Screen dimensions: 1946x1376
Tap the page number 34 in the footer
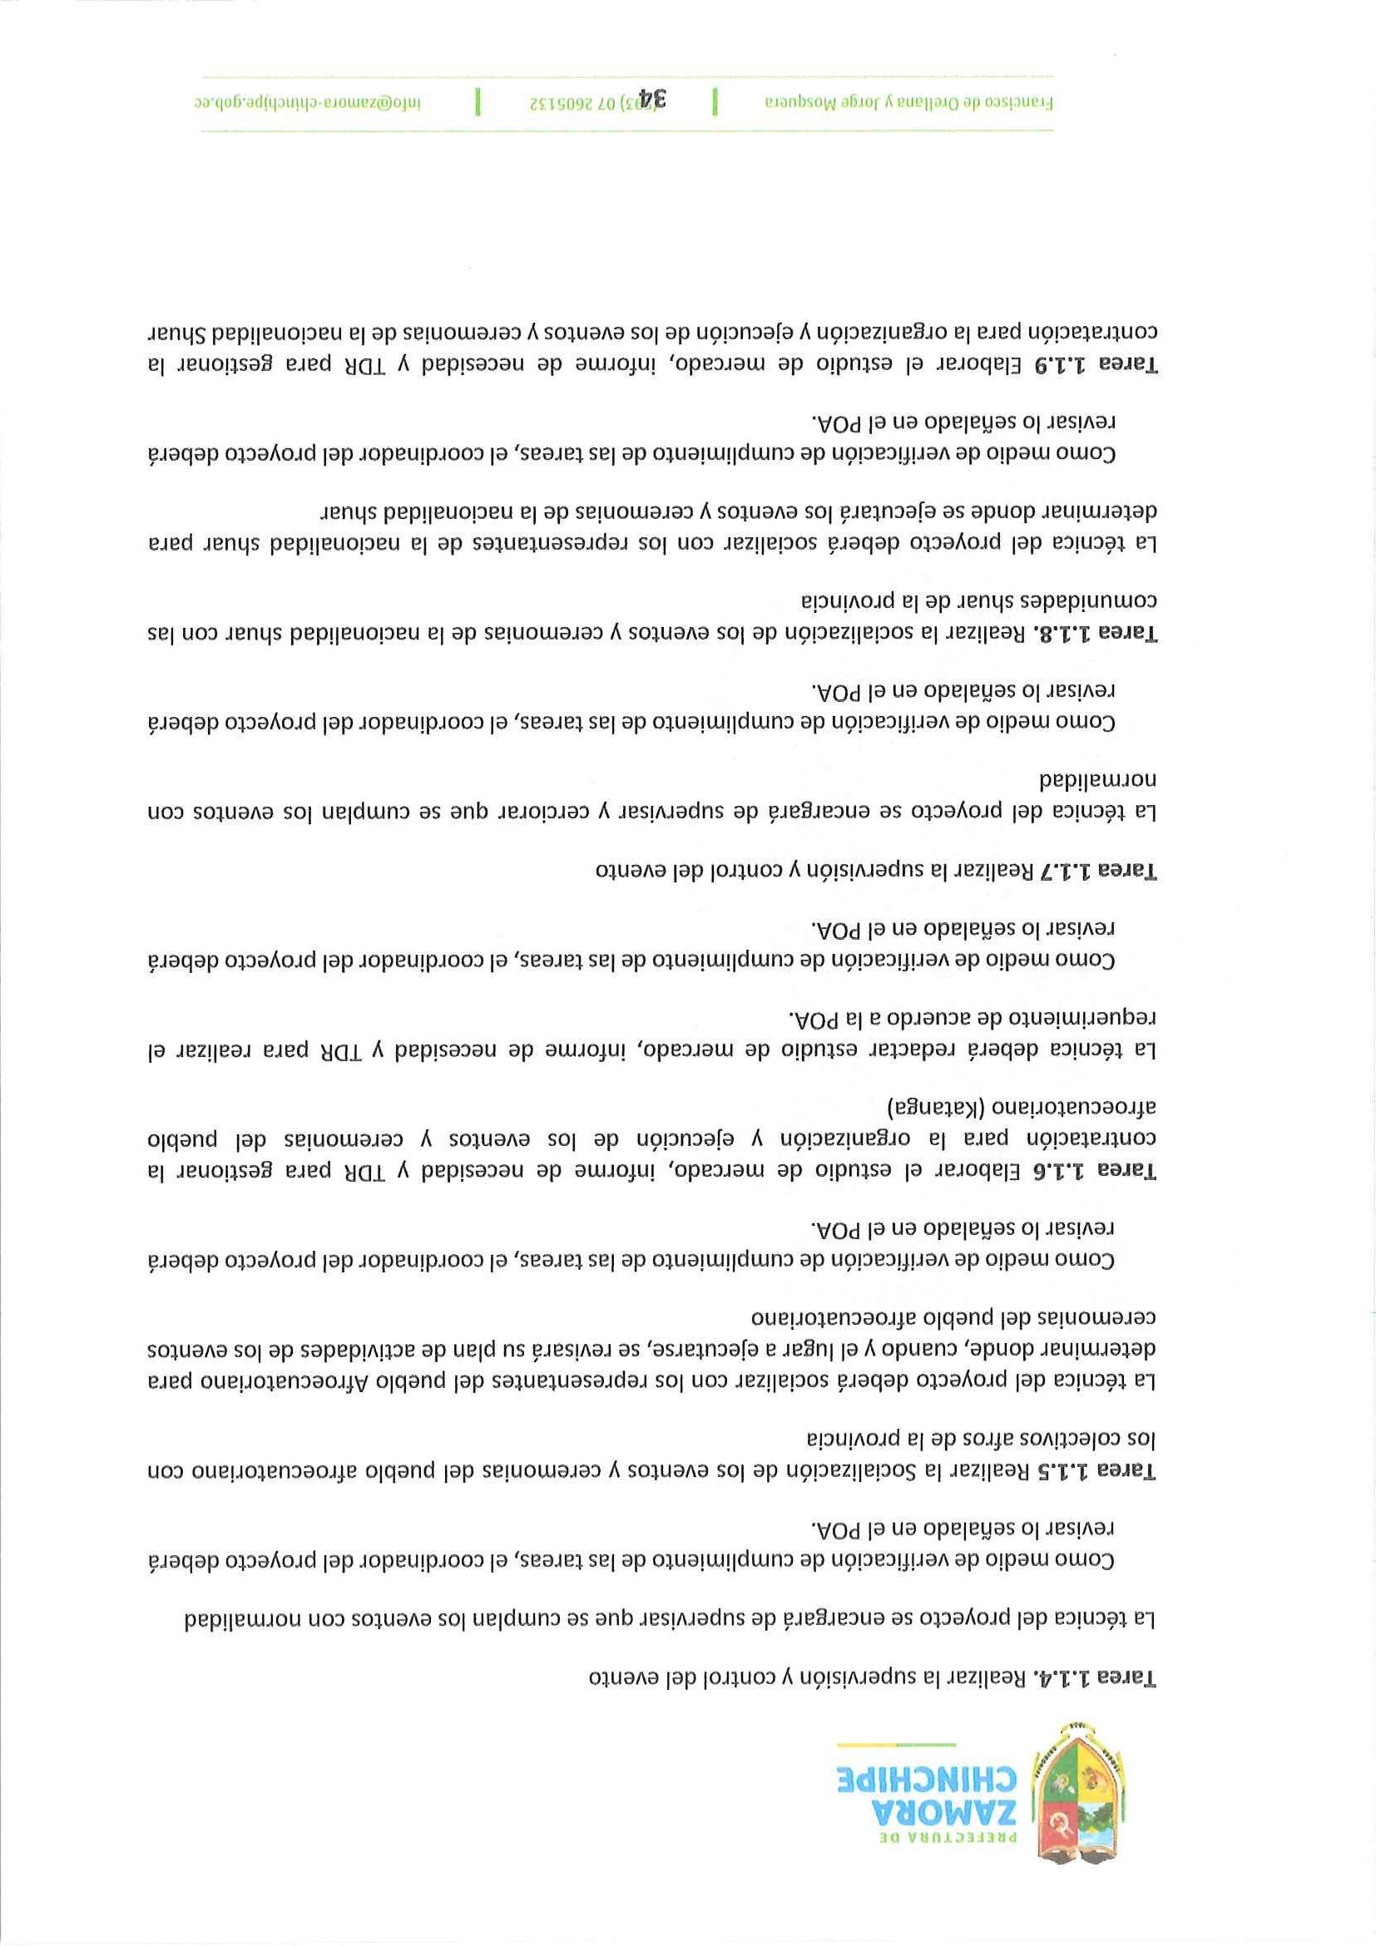(x=653, y=100)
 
